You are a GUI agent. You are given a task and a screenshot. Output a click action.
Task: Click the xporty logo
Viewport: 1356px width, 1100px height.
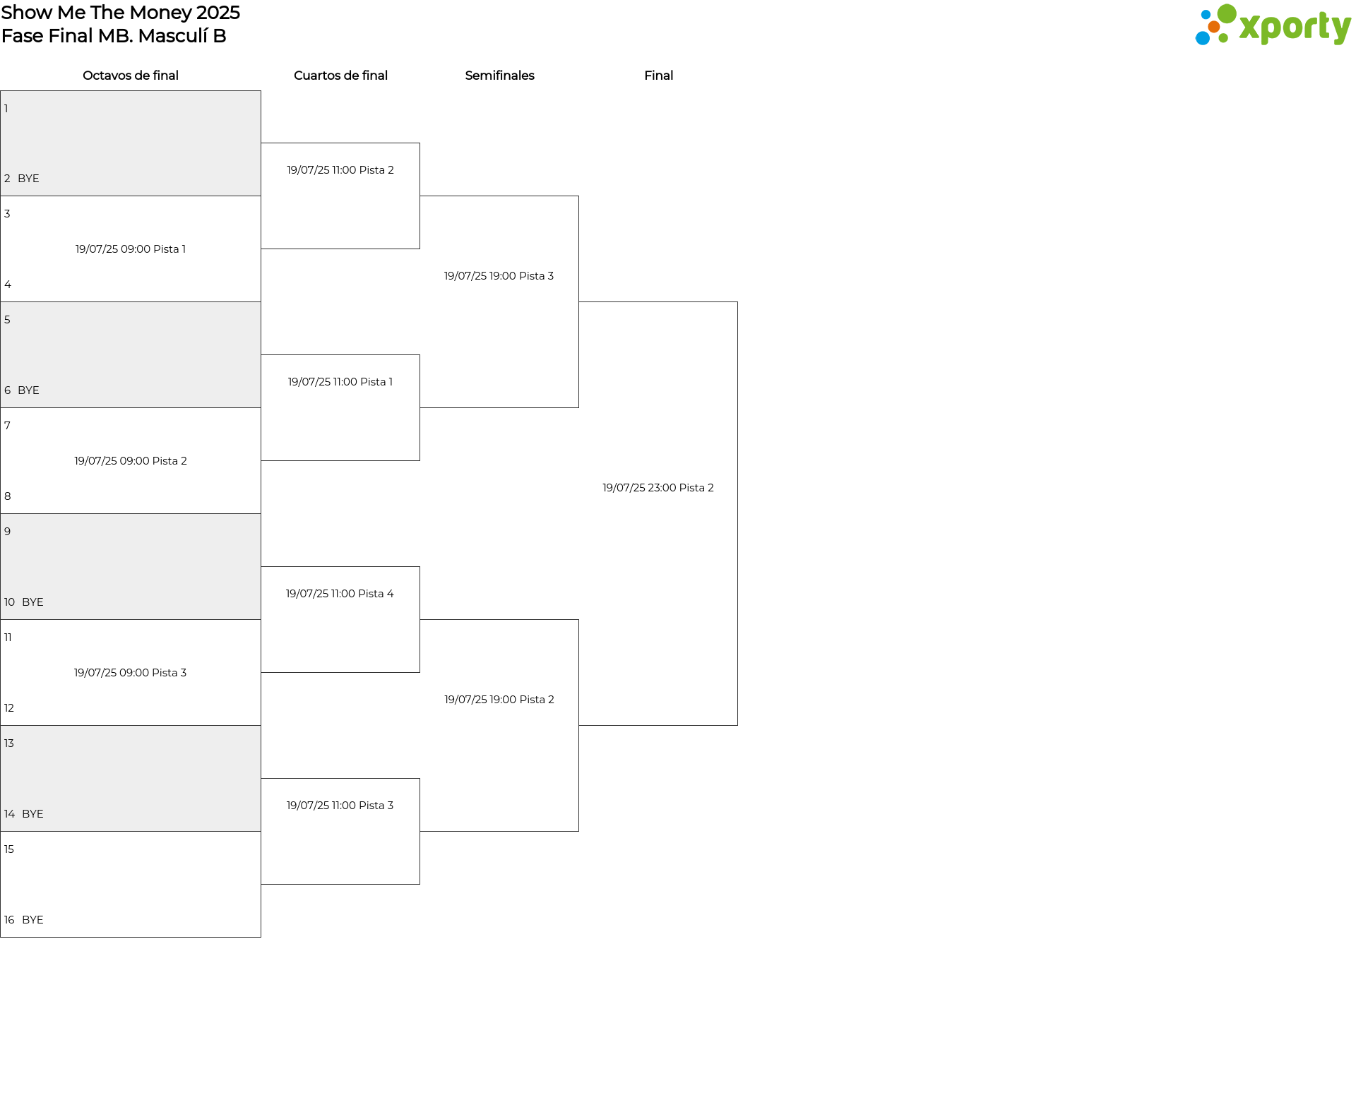tap(1273, 25)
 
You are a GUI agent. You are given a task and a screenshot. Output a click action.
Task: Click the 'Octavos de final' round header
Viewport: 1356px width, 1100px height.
tap(131, 76)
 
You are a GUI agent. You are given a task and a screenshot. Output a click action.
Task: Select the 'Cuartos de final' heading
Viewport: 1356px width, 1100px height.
tap(340, 76)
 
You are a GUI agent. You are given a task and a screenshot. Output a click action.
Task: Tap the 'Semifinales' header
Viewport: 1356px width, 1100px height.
tap(499, 76)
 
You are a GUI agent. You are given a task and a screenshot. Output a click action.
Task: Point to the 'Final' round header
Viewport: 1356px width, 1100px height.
tap(658, 76)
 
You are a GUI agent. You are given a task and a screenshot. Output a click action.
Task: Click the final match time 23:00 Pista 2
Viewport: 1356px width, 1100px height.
tap(658, 488)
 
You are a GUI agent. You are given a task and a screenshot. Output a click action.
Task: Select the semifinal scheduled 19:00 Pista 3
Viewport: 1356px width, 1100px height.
tap(499, 276)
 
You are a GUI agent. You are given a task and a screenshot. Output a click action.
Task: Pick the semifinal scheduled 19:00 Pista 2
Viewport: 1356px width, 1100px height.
tap(499, 700)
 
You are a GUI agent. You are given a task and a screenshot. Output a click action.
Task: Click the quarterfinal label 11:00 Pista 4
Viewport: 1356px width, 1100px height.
tap(340, 594)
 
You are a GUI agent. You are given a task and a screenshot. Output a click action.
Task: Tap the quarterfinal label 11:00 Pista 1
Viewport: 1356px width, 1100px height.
tap(340, 382)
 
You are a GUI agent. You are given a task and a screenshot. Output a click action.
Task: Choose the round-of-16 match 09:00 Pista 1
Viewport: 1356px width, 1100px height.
tap(131, 249)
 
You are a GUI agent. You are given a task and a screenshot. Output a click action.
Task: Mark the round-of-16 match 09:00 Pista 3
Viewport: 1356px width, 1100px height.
tap(131, 673)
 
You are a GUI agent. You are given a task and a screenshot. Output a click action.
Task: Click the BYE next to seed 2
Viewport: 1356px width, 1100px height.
tap(28, 179)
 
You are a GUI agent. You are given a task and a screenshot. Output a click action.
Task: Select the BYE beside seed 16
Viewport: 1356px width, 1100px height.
tap(32, 920)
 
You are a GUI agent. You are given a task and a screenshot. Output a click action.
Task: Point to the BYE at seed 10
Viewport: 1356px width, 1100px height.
tap(32, 602)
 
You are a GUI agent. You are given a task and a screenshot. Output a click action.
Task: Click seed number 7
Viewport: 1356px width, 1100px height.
tap(7, 426)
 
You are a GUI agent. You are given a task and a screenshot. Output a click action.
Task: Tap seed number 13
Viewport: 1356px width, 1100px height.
tap(9, 743)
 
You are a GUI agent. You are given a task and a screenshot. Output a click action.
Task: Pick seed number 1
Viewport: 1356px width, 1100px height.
tap(6, 109)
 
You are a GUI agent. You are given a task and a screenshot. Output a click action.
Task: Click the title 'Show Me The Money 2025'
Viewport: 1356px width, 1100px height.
tap(121, 13)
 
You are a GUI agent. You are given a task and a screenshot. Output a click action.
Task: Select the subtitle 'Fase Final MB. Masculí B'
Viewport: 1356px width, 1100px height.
tap(114, 36)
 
